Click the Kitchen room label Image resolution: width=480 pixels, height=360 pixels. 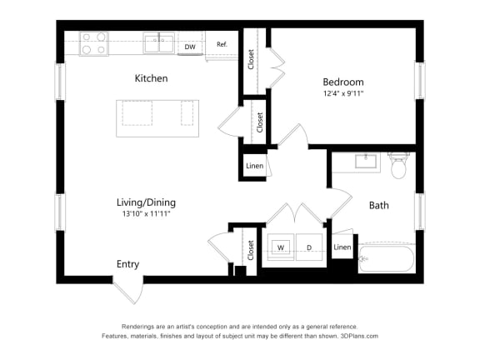[152, 78]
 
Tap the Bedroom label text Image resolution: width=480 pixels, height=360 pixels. [343, 82]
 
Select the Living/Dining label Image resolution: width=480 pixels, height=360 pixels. [146, 202]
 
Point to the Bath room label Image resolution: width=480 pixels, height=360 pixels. [379, 205]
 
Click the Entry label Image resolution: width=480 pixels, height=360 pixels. [127, 264]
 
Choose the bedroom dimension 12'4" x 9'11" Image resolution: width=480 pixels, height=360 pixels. [343, 93]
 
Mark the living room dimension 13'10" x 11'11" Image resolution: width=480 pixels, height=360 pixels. [146, 214]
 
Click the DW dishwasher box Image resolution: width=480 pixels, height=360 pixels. [191, 47]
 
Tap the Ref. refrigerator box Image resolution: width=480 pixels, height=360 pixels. [222, 44]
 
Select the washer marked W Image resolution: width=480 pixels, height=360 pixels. [281, 247]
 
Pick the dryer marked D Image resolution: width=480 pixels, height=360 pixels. [308, 247]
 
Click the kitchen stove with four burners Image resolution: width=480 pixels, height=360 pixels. [94, 43]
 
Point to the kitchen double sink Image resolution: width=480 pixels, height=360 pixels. [159, 42]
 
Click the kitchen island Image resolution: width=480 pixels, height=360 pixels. [157, 118]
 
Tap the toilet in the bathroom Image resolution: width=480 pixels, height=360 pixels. [398, 166]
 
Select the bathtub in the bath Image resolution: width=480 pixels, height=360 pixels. [387, 259]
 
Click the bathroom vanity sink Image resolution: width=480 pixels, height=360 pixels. [367, 161]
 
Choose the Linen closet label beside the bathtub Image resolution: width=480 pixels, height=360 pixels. [342, 247]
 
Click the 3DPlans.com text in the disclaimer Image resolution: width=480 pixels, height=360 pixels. [359, 336]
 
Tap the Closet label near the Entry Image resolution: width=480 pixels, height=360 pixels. [250, 249]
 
